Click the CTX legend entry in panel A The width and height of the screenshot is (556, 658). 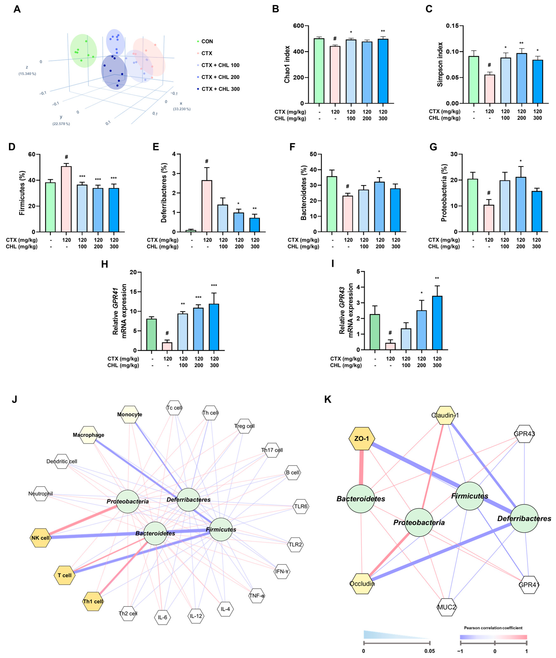[206, 53]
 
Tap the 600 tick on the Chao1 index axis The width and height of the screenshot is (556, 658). [298, 26]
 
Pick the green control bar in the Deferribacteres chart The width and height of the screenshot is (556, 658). [191, 231]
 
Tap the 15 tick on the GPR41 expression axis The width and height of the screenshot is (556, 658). [135, 292]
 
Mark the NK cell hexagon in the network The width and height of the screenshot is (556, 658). [41, 538]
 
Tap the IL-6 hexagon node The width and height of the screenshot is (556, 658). [163, 617]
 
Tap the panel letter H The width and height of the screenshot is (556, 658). [105, 264]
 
